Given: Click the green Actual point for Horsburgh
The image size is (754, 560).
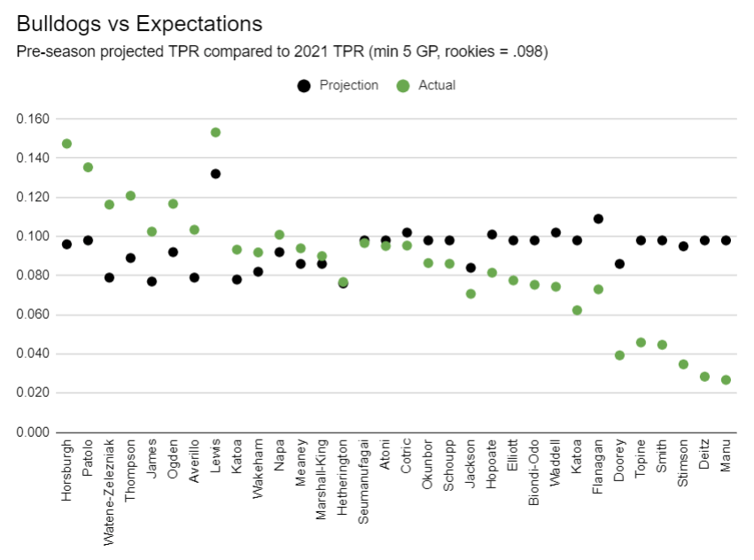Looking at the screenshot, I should click(x=66, y=144).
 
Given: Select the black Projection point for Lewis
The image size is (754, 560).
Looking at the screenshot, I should click(x=215, y=174).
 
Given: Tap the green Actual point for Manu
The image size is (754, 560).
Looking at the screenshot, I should click(x=726, y=380).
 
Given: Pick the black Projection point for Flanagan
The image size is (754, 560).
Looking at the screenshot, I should click(x=598, y=219).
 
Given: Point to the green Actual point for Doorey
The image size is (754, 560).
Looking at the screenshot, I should click(x=619, y=355).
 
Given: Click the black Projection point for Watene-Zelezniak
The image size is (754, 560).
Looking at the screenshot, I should click(x=109, y=277).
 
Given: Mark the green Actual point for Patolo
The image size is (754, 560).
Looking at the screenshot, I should click(x=88, y=167).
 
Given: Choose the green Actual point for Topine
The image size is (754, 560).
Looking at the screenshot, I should click(x=641, y=342).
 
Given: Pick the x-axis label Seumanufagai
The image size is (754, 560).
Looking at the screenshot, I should click(x=364, y=478).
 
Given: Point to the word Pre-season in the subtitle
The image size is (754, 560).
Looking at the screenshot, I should click(x=52, y=51).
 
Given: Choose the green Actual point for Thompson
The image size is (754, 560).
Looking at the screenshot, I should click(x=130, y=196).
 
